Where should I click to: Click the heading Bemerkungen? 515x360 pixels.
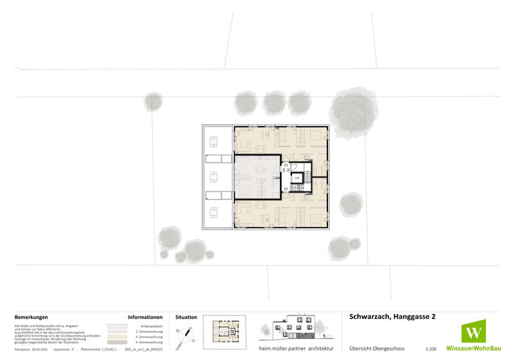30,317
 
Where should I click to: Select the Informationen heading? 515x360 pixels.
146,317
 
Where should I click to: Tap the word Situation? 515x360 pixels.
186,317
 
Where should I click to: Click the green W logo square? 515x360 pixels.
475,333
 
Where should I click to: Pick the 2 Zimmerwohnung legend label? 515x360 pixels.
151,330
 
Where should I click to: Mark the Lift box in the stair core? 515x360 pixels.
296,178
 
